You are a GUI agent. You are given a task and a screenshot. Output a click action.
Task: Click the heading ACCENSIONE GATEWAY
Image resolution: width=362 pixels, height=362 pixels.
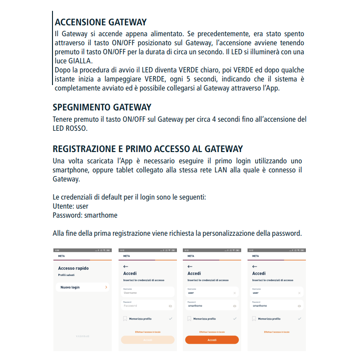[100, 22]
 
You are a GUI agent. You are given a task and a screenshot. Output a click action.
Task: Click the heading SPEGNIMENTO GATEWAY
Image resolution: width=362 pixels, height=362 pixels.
[102, 107]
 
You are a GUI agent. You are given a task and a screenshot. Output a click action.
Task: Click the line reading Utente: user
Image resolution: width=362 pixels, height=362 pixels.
[71, 206]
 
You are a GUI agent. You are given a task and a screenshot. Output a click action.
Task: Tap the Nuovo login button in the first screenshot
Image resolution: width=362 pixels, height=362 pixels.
[70, 287]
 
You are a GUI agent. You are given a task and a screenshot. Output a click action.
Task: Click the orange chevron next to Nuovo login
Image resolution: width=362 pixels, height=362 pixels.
[106, 287]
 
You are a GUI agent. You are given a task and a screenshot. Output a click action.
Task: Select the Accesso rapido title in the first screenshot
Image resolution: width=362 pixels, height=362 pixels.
[73, 268]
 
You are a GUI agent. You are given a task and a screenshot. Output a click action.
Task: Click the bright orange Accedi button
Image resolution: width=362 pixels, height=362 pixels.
[212, 340]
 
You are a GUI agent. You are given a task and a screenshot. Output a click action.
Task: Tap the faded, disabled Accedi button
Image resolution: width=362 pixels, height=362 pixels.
[148, 340]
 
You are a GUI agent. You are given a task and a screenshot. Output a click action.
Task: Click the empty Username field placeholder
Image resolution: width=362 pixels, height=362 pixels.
[130, 293]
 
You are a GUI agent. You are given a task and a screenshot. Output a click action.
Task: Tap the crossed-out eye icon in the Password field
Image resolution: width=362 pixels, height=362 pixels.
[171, 306]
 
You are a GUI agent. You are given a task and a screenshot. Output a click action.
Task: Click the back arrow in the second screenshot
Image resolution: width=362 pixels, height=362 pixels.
[126, 267]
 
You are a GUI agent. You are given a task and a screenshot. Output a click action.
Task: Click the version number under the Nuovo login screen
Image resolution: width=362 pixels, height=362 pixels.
[82, 337]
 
